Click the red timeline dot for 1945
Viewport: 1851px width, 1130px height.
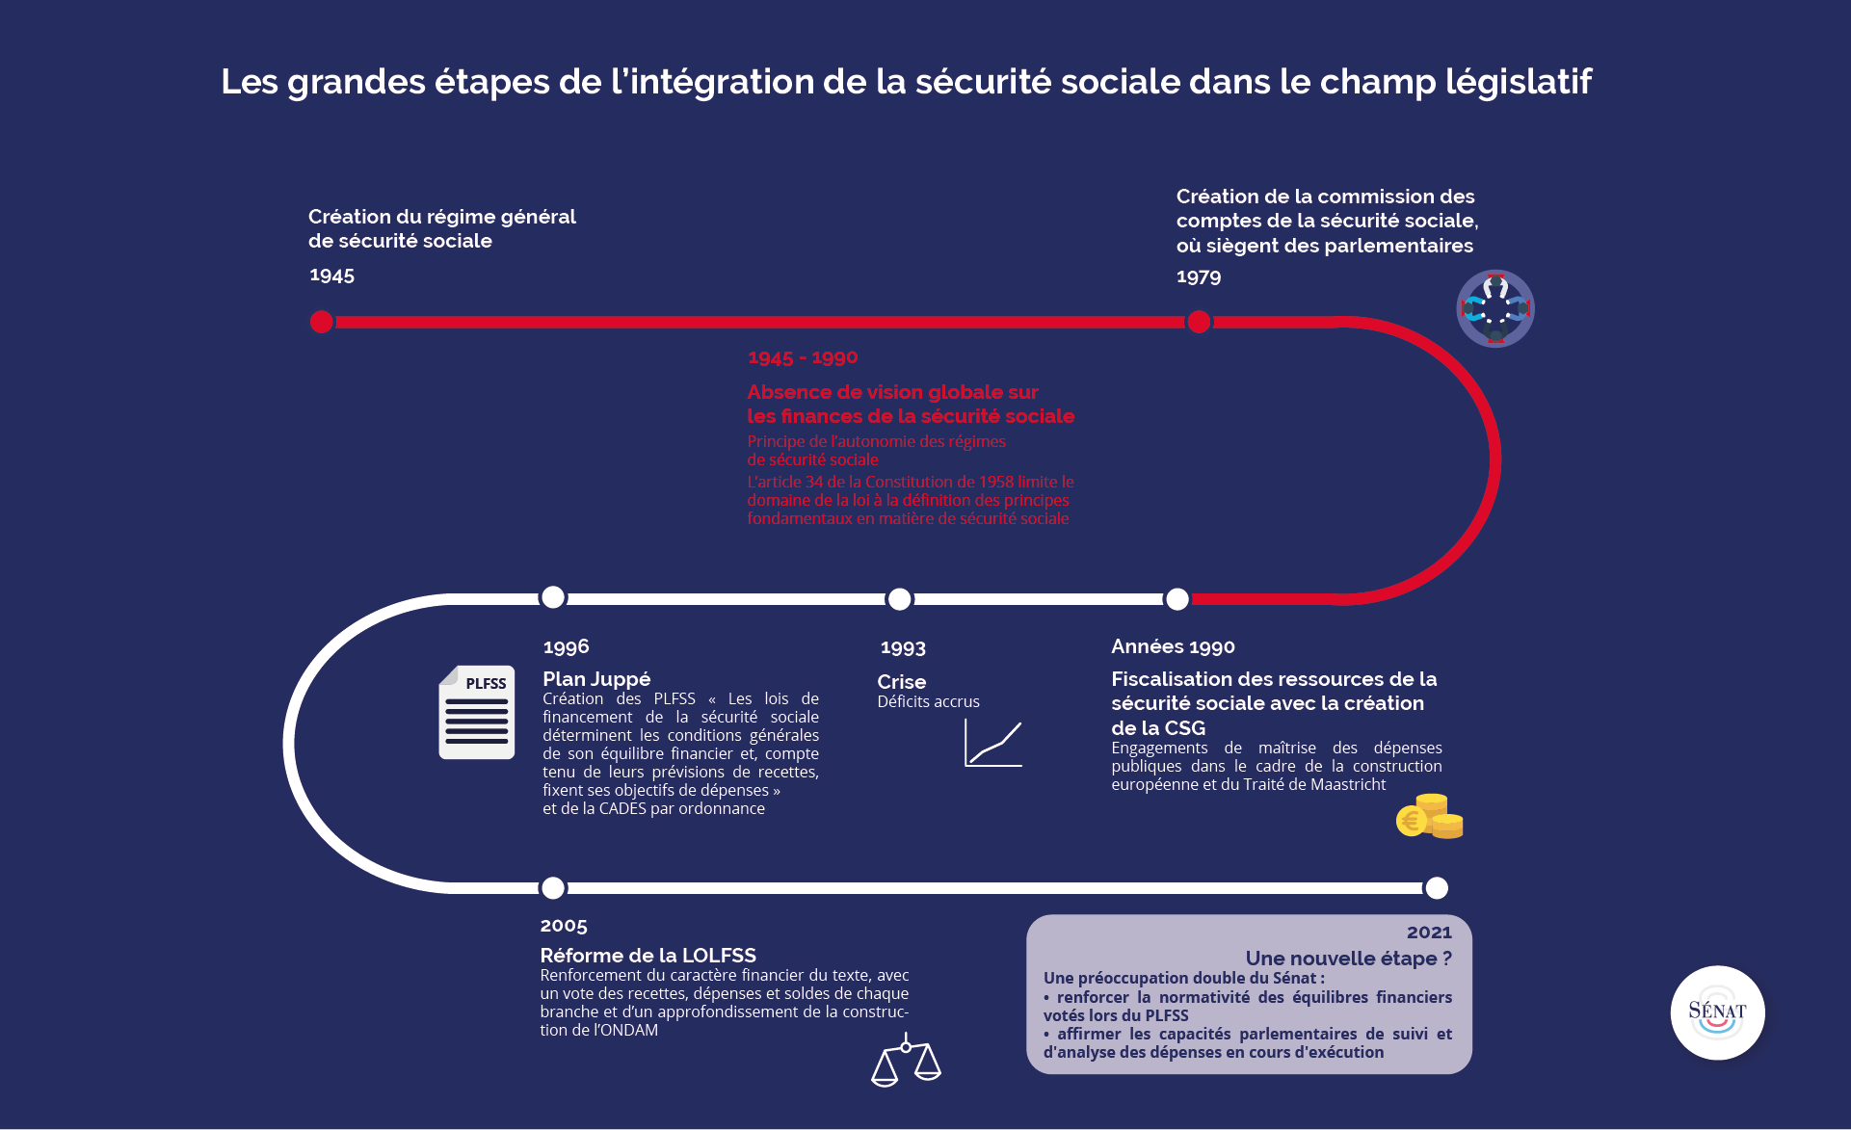pos(322,322)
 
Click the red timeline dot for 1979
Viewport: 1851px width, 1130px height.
pos(1199,322)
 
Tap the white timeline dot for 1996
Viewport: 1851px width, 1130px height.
pos(553,597)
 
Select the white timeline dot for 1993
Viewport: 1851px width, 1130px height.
pos(899,599)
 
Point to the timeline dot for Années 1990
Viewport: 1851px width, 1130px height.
pos(1177,599)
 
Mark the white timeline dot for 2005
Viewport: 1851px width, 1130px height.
pos(553,887)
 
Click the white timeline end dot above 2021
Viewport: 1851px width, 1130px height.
pos(1436,887)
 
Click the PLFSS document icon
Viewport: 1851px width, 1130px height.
pos(477,712)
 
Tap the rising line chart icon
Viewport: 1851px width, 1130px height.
pos(992,744)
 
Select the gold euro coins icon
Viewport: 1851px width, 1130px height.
pos(1430,817)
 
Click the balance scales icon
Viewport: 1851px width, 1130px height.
pos(906,1060)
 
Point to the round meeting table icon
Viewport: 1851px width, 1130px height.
pos(1494,308)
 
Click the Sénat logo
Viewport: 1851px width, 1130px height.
pos(1717,1012)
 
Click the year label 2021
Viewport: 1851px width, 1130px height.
pos(1429,932)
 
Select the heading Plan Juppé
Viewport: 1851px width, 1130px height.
pos(596,679)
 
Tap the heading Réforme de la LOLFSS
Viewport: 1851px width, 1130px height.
pos(648,956)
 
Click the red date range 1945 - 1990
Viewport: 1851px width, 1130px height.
pos(803,357)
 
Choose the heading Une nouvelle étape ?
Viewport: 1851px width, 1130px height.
pos(1348,959)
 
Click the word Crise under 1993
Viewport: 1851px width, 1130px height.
pos(901,682)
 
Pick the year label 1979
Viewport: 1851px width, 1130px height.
pos(1199,277)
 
